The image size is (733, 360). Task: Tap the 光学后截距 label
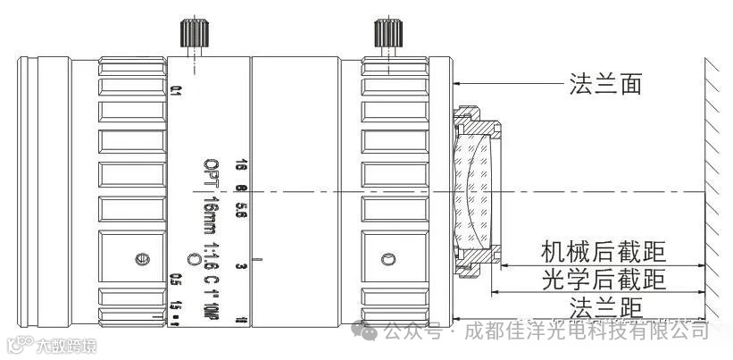(x=604, y=280)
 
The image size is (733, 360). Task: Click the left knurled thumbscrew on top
(x=194, y=33)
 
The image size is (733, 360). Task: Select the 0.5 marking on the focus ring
(x=176, y=279)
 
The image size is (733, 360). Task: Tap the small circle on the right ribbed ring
(x=387, y=260)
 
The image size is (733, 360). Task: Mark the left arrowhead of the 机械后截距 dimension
(x=502, y=265)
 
